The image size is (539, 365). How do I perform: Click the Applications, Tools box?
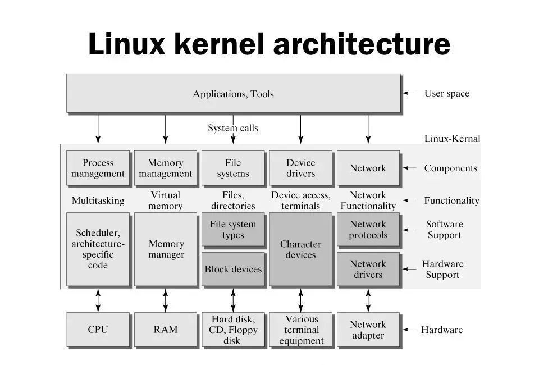click(x=233, y=93)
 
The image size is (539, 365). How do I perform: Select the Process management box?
click(x=98, y=168)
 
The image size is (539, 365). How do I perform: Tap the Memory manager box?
click(x=166, y=249)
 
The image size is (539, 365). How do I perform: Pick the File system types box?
click(x=233, y=229)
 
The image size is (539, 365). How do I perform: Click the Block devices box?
click(x=233, y=269)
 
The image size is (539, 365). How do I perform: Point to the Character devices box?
click(x=300, y=249)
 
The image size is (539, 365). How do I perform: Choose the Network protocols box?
click(x=368, y=229)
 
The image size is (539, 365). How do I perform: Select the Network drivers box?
click(x=368, y=269)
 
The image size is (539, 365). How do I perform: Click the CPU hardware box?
click(x=98, y=330)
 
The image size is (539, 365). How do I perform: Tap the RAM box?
click(x=166, y=330)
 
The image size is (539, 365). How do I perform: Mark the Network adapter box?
click(x=368, y=330)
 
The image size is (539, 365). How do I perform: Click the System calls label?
click(x=233, y=128)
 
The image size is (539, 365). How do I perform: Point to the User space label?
click(x=446, y=93)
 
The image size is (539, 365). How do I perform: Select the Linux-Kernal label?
click(x=452, y=138)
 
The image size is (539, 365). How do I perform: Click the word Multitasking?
click(x=98, y=200)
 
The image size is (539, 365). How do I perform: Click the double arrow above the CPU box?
click(x=98, y=300)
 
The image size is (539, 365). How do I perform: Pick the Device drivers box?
click(x=300, y=168)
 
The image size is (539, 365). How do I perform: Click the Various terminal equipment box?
click(x=300, y=330)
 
